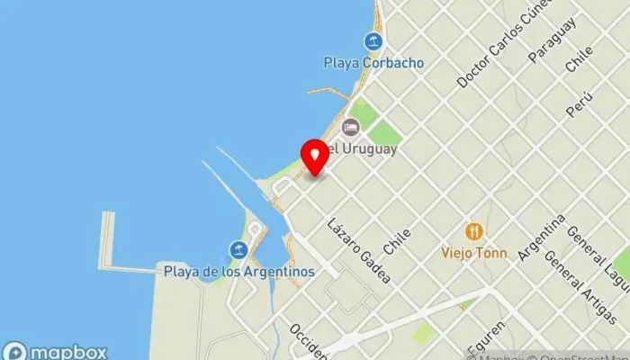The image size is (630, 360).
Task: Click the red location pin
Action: [x=315, y=157]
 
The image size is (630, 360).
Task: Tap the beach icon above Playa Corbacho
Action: [x=373, y=40]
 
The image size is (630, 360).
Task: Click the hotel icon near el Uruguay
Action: [x=350, y=127]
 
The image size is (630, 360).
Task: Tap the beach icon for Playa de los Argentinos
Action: [x=238, y=249]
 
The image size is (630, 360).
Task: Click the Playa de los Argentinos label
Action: [x=238, y=271]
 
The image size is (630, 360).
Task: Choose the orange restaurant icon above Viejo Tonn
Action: [x=473, y=231]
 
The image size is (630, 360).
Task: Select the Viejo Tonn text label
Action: [x=473, y=253]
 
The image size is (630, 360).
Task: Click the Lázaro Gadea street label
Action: [x=359, y=250]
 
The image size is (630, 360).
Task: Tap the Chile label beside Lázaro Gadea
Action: [x=397, y=240]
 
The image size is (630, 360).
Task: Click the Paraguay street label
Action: [x=552, y=40]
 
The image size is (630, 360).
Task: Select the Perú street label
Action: [x=580, y=103]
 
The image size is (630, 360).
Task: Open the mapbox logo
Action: [x=55, y=351]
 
